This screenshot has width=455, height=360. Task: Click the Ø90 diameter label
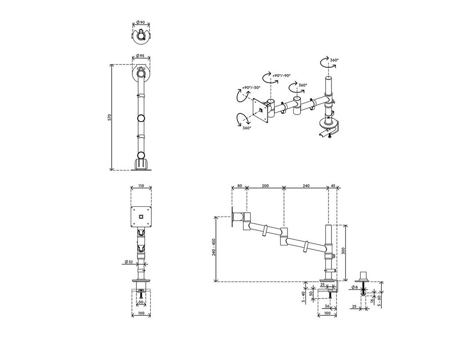pos(140,22)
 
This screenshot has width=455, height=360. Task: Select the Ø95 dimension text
pos(140,55)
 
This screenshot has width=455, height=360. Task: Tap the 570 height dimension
pos(109,117)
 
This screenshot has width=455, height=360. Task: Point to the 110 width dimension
pos(141,186)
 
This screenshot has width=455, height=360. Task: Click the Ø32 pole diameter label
pos(129,262)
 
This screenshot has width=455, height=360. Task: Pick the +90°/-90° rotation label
pos(281,75)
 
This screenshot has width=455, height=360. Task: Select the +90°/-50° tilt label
pos(251,87)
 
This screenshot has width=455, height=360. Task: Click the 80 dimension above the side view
pos(239,186)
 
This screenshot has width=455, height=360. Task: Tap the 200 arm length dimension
pos(265,186)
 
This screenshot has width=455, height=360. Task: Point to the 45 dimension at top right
pos(333,186)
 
